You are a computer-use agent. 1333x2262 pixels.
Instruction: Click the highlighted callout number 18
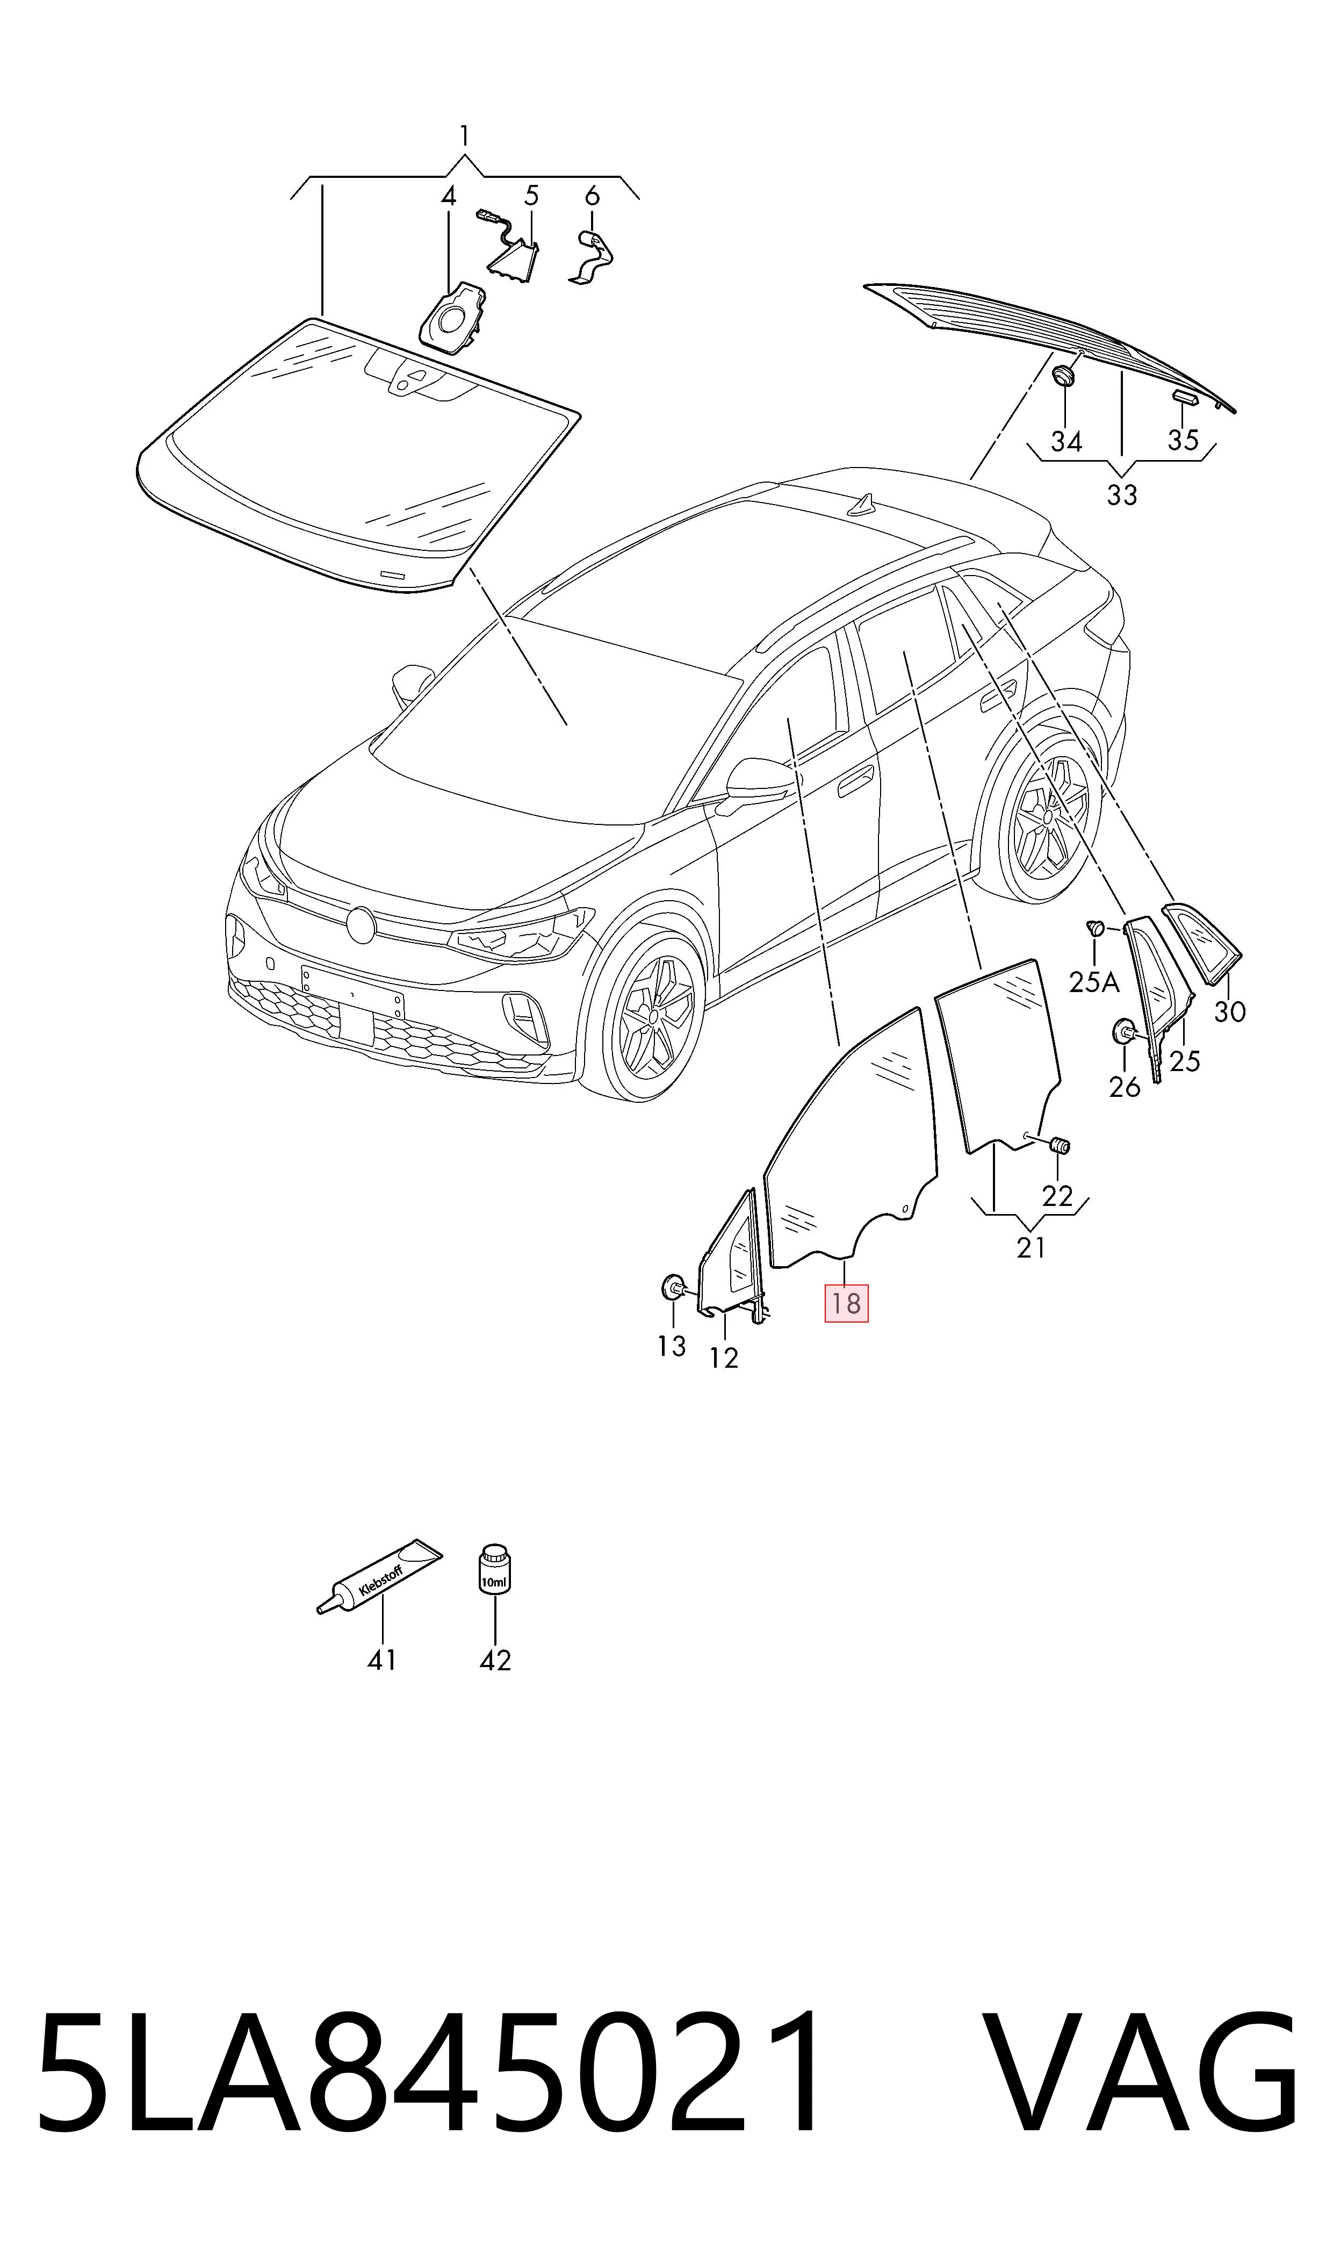[x=846, y=1303]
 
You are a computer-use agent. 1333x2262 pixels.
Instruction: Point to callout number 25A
[x=1094, y=983]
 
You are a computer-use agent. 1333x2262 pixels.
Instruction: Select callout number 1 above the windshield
[x=464, y=135]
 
